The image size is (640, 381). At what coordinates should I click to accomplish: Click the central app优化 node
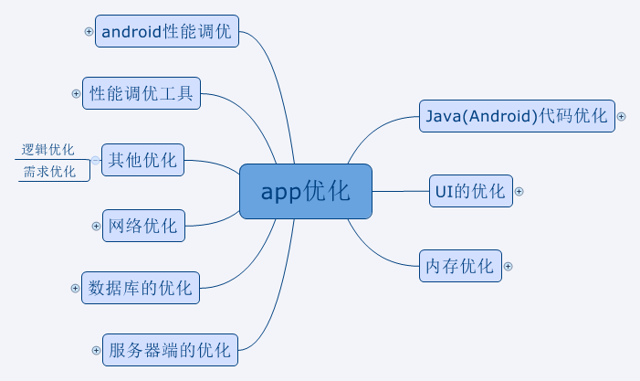point(306,192)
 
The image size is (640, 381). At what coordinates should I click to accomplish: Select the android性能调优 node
point(167,32)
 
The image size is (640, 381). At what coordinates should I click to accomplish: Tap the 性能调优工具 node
point(142,93)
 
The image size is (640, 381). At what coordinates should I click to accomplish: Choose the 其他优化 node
point(142,160)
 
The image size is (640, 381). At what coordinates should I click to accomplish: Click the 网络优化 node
point(143,226)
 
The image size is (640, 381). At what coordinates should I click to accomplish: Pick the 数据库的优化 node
point(141,289)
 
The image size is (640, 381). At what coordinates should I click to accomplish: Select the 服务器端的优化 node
point(170,350)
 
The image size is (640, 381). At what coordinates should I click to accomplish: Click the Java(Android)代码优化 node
point(517,116)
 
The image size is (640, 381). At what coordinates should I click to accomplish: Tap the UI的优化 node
point(471,191)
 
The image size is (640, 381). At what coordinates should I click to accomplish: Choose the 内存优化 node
point(459,267)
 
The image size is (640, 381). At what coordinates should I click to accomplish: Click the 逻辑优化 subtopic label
point(48,150)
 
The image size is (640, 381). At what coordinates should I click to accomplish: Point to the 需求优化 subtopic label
point(48,172)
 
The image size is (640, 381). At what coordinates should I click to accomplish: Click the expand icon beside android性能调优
point(89,31)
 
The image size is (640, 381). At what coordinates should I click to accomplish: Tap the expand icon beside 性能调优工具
point(76,93)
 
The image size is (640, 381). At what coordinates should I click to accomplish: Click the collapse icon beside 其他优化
point(96,160)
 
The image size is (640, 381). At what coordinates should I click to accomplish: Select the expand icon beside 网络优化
point(96,225)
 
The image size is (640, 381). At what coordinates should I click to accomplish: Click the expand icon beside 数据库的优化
point(76,288)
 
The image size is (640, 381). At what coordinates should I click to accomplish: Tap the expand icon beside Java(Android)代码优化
point(622,116)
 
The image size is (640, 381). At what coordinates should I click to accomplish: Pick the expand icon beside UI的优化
point(519,191)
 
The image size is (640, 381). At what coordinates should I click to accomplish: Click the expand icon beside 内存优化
point(509,267)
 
